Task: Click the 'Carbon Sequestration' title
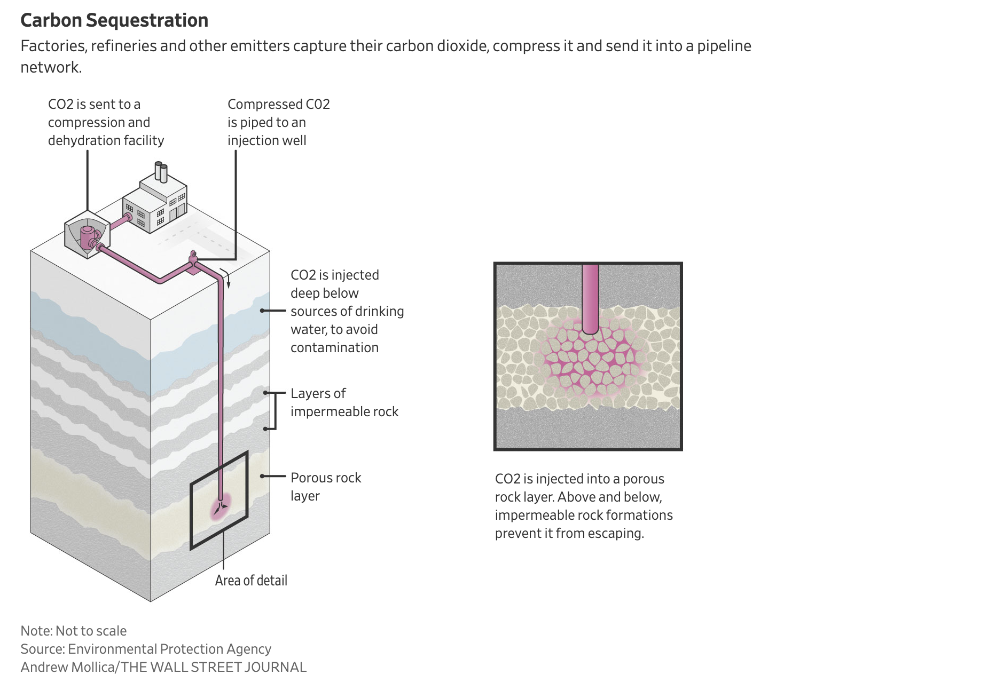click(114, 20)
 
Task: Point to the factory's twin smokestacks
click(161, 172)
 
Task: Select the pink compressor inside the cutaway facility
click(89, 237)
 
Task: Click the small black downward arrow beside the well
click(228, 279)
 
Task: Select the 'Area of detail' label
click(251, 581)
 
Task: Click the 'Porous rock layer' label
click(326, 487)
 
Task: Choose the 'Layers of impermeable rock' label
click(344, 402)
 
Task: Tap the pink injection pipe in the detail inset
click(590, 299)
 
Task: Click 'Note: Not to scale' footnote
click(74, 631)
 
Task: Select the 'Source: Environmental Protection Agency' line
click(146, 649)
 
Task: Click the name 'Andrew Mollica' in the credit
click(68, 667)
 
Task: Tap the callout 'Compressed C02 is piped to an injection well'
click(279, 122)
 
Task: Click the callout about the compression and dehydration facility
click(106, 122)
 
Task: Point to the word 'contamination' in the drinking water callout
click(334, 348)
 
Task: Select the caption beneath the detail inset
click(584, 506)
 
